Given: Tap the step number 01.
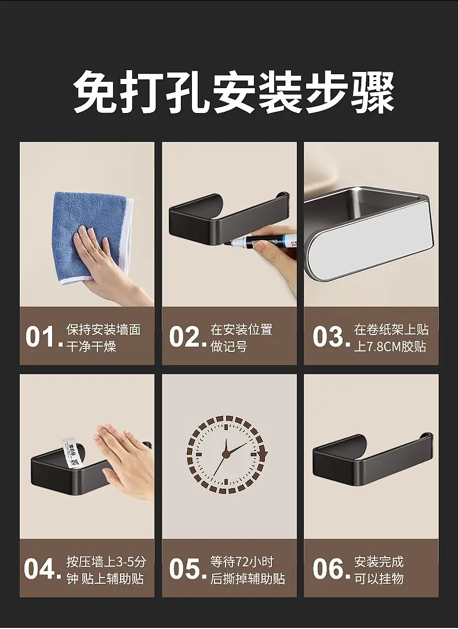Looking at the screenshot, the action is (x=43, y=336).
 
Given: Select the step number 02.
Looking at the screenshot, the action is (x=187, y=336).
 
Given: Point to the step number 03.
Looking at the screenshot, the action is (x=331, y=336).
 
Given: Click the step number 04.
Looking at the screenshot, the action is (x=42, y=569).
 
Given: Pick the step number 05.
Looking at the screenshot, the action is (x=187, y=569).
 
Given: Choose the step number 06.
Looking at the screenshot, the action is (x=331, y=569).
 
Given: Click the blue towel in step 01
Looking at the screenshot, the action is (x=93, y=237).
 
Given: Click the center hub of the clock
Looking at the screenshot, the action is (x=226, y=454).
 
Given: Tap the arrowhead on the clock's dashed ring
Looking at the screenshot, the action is (x=263, y=455).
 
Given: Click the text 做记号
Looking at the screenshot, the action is (x=229, y=346).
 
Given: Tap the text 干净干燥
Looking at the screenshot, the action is (x=91, y=346).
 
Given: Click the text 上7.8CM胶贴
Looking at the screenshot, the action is (x=390, y=346).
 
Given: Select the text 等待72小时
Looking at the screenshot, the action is (x=242, y=562).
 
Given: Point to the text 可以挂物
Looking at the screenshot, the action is (x=379, y=579).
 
